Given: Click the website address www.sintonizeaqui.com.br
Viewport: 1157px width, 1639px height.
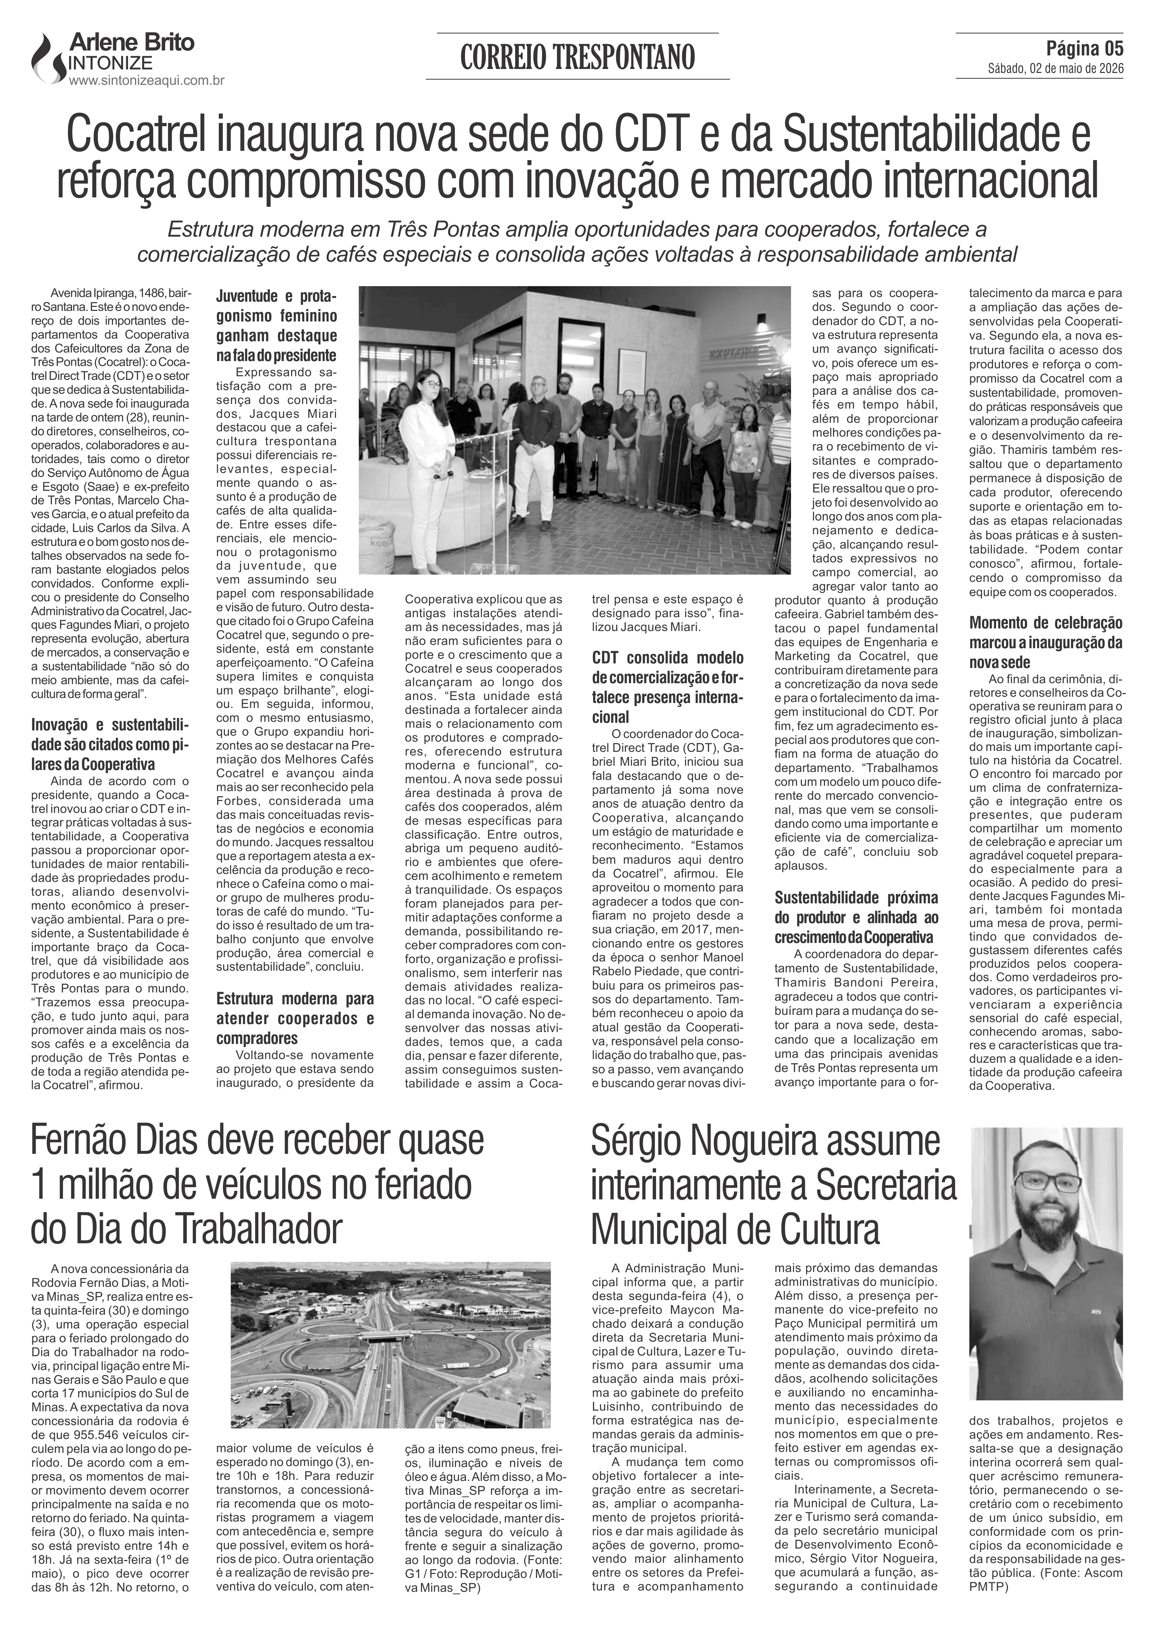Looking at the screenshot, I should (x=146, y=81).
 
